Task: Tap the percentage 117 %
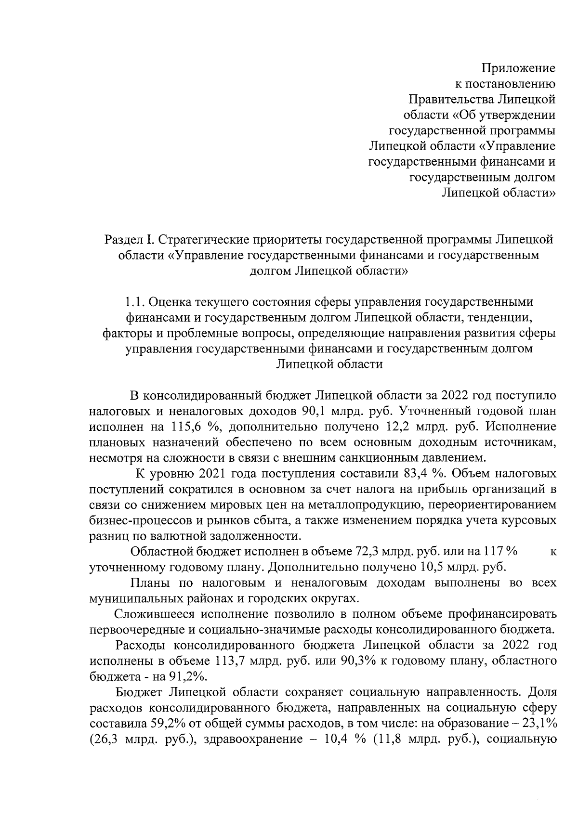tap(500, 552)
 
